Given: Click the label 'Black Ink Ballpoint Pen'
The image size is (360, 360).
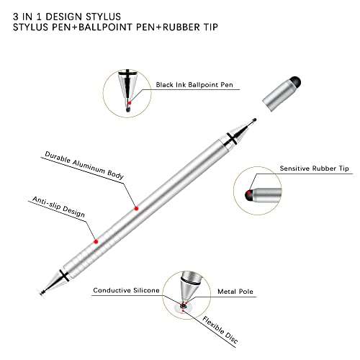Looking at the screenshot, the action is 194,85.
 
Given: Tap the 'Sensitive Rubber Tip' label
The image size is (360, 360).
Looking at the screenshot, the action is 314,168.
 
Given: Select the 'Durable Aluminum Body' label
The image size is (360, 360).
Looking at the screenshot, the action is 84,165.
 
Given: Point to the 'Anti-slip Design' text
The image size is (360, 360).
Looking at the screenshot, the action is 58,207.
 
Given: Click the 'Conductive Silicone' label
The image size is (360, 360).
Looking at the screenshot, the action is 126,290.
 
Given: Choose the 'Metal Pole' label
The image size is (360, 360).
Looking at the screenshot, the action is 235,292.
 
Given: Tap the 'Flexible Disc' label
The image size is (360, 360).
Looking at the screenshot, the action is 220,330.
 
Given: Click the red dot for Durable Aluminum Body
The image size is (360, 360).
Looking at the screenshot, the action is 136,209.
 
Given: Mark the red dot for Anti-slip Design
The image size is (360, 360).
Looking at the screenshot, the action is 96,241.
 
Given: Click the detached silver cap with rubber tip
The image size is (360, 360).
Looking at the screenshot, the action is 282,94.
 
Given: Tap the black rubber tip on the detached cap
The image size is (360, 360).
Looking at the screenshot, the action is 296,81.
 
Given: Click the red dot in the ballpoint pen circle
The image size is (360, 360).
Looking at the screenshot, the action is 130,103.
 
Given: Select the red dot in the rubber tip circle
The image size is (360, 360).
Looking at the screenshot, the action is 250,192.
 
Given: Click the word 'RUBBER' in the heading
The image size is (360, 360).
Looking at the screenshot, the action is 180,27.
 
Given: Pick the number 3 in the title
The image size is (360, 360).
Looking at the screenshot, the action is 16,17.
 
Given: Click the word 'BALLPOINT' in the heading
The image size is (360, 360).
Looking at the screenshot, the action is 106,27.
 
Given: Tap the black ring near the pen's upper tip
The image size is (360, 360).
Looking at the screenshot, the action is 232,140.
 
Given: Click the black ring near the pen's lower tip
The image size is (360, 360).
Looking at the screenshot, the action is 64,275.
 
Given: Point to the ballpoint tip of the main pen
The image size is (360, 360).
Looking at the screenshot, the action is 255,120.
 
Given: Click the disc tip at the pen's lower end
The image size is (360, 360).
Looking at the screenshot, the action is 42,293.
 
